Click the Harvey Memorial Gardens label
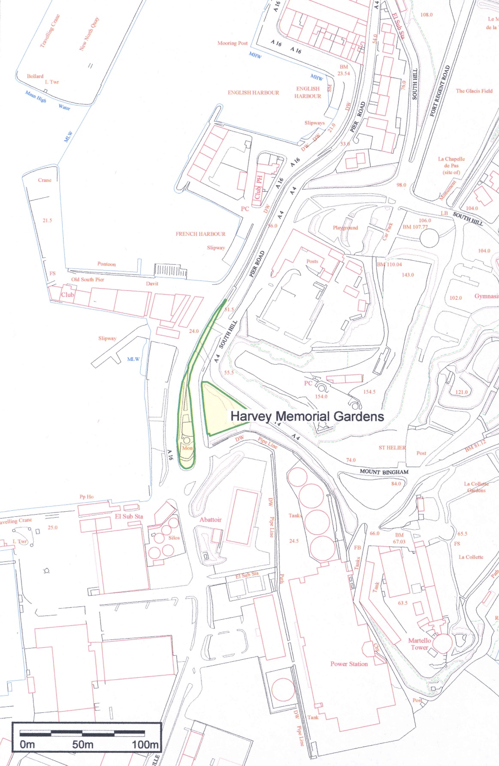pyautogui.click(x=307, y=416)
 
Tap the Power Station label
pyautogui.click(x=349, y=664)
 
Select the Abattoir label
pyautogui.click(x=211, y=520)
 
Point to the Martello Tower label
pyautogui.click(x=420, y=644)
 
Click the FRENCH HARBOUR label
pyautogui.click(x=200, y=234)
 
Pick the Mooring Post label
pyautogui.click(x=233, y=43)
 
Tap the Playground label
pyautogui.click(x=345, y=228)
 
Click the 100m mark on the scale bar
pyautogui.click(x=145, y=745)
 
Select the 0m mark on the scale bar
pyautogui.click(x=27, y=745)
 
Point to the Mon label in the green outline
pyautogui.click(x=188, y=448)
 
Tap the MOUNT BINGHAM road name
pyautogui.click(x=384, y=472)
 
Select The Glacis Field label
pyautogui.click(x=474, y=91)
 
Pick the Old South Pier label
pyautogui.click(x=88, y=280)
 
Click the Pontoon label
pyautogui.click(x=106, y=264)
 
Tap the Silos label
pyautogui.click(x=174, y=538)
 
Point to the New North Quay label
pyautogui.click(x=89, y=34)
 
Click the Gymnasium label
pyautogui.click(x=487, y=296)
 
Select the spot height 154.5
pyautogui.click(x=369, y=392)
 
